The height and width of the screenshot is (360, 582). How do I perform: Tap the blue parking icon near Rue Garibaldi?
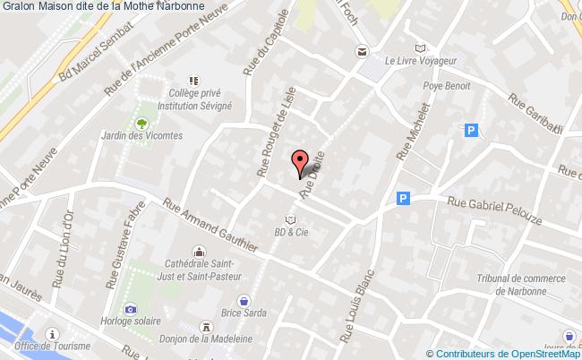tap(471, 132)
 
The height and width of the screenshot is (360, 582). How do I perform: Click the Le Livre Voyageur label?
tap(421, 61)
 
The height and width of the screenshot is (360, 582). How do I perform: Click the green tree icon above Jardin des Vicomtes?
tap(141, 119)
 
